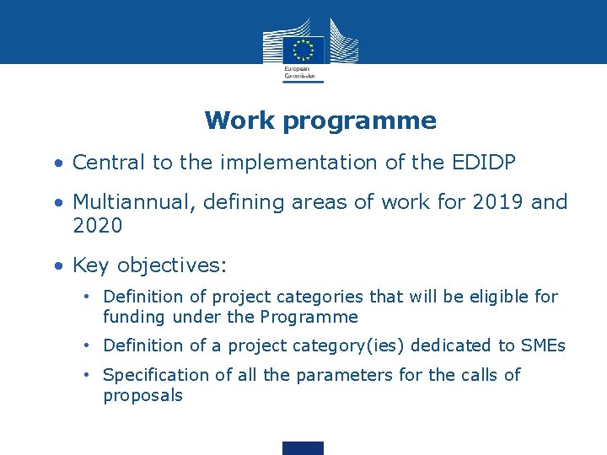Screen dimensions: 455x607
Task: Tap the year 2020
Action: pyautogui.click(x=98, y=226)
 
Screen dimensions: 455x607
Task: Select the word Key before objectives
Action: pyautogui.click(x=92, y=266)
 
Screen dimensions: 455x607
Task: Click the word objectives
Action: pyautogui.click(x=172, y=267)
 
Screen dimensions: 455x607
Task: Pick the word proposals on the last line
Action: pyautogui.click(x=142, y=396)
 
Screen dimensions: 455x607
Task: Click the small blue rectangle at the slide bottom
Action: pyautogui.click(x=303, y=448)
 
